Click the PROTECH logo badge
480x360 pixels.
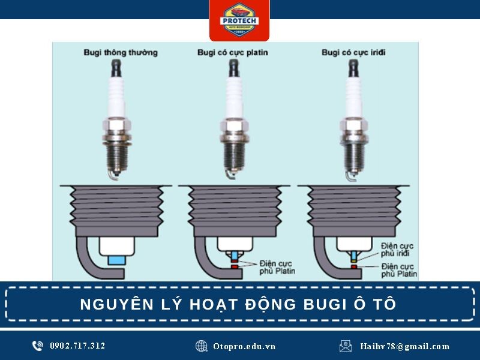tap(239, 20)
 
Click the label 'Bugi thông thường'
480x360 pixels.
tap(121, 53)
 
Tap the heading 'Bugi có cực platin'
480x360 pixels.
tap(233, 53)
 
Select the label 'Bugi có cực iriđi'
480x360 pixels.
tap(353, 52)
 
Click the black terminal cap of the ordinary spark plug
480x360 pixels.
tap(116, 68)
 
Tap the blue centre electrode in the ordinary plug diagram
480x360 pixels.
tap(116, 260)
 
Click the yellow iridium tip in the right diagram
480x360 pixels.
tap(353, 261)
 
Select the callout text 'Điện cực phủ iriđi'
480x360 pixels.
tap(397, 250)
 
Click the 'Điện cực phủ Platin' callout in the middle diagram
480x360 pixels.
tap(277, 267)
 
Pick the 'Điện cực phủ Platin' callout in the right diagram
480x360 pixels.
tap(399, 270)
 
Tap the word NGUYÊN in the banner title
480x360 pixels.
tap(117, 304)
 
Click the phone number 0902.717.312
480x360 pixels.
tap(77, 346)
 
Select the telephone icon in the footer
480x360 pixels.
tap(38, 346)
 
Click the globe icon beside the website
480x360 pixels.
tap(202, 346)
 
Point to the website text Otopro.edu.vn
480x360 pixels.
tap(244, 346)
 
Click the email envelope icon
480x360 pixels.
tap(346, 346)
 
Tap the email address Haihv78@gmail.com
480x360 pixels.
tap(405, 346)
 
